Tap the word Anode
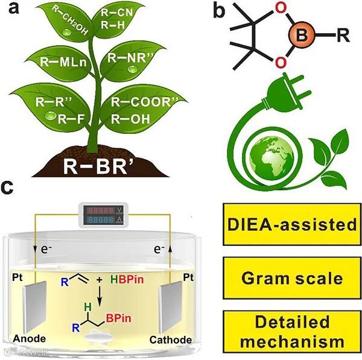[27, 340]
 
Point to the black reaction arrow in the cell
[100, 295]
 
